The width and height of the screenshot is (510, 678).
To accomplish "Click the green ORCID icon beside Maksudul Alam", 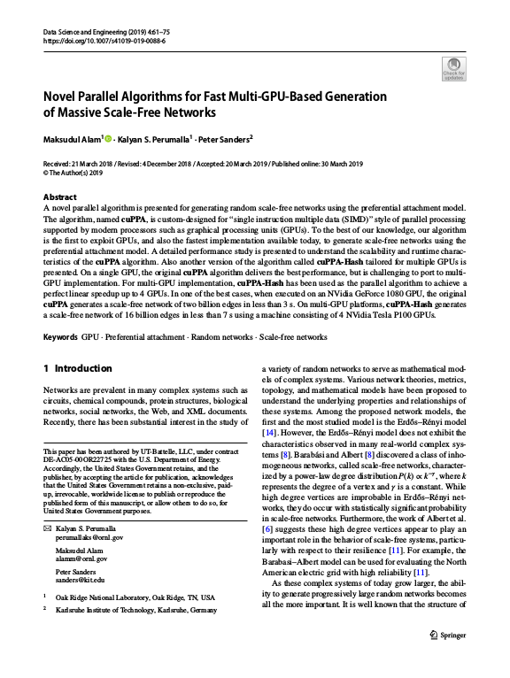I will click(x=109, y=137).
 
